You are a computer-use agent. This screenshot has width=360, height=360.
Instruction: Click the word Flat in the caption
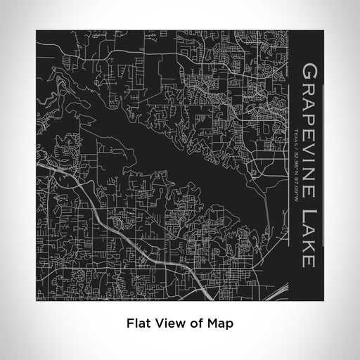click(137, 324)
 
